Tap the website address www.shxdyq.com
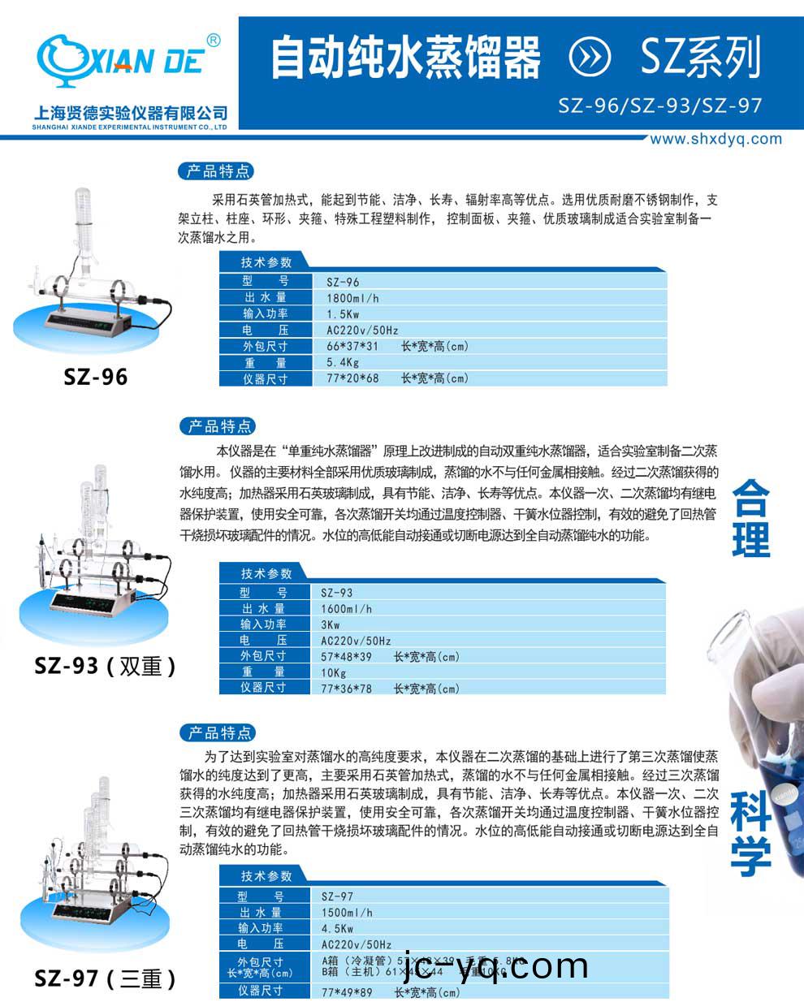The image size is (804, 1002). point(715,139)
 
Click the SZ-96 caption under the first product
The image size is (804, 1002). point(96,378)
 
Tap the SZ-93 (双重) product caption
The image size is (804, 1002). point(105,666)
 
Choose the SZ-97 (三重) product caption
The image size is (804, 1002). point(105,978)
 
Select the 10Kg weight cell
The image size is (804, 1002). point(334,672)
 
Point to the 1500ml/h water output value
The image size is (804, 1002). point(347,913)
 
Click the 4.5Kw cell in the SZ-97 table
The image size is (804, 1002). point(337,928)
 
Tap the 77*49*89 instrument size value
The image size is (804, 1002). point(348,991)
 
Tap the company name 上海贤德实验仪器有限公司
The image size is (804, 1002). point(131,113)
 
